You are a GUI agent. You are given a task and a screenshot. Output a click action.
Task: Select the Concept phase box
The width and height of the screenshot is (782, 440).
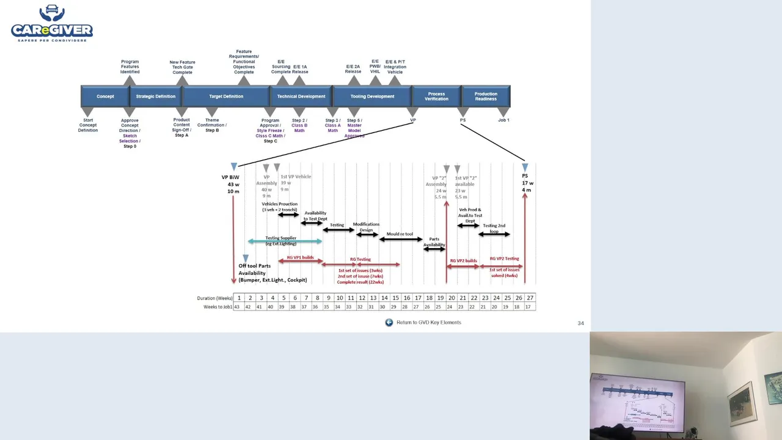coord(105,97)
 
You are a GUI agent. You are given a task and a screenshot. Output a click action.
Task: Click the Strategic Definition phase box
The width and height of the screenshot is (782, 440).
coord(155,97)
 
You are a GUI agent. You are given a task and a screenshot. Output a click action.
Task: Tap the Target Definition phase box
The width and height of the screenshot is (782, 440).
coord(226,97)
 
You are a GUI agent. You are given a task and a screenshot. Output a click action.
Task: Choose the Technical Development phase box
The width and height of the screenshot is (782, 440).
coord(301,97)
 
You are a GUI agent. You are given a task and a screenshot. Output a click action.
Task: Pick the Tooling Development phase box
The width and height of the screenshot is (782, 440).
coord(372,97)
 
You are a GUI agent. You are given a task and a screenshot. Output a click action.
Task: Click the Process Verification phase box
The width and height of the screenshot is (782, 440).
coord(436,97)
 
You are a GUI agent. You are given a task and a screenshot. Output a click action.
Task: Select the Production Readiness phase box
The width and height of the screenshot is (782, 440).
coord(486,97)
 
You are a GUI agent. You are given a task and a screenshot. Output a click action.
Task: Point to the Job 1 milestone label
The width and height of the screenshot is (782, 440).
coord(503,120)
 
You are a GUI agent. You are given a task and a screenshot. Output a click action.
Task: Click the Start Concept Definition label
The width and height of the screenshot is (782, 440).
coord(87,125)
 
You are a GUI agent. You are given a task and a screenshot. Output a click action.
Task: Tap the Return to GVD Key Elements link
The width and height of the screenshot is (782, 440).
coord(429,323)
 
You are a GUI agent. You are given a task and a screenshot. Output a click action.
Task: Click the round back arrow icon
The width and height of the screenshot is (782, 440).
coord(389,323)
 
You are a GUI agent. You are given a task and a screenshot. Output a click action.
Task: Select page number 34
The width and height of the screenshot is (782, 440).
coord(580,323)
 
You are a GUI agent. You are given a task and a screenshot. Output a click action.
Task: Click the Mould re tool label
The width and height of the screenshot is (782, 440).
coord(400,234)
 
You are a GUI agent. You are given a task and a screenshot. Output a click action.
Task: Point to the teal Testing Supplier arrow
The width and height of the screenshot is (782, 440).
coord(285,241)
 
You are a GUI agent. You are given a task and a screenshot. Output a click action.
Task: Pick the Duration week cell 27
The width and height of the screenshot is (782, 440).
coord(530,298)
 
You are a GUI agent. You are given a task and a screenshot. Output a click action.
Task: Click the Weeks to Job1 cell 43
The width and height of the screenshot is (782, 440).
coord(239,307)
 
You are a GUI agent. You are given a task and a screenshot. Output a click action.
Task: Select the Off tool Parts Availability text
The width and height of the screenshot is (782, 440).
coord(272,273)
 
